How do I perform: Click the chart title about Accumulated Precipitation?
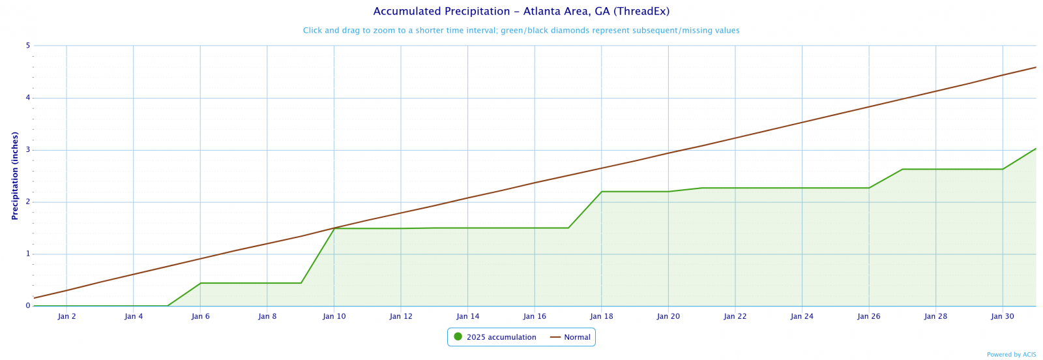click(x=521, y=12)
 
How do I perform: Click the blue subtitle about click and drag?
click(x=521, y=31)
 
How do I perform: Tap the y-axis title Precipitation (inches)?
click(x=15, y=175)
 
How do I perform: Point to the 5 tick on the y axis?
click(x=28, y=46)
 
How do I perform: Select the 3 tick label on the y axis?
click(x=28, y=150)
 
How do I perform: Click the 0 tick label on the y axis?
click(x=28, y=306)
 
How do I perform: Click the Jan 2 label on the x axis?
click(x=66, y=316)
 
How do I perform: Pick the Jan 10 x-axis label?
click(x=334, y=316)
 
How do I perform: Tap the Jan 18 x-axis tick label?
click(x=601, y=316)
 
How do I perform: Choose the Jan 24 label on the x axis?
click(x=802, y=316)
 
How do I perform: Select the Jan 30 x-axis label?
click(x=1002, y=316)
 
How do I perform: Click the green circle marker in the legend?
click(x=458, y=337)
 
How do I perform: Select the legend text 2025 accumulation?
click(x=501, y=337)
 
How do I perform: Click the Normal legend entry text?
click(x=577, y=337)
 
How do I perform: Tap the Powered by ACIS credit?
click(x=1011, y=355)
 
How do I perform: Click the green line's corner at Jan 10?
click(x=334, y=228)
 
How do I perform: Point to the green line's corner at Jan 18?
click(x=601, y=192)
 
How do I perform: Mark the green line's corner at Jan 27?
click(x=902, y=170)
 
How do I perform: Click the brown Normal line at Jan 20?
click(x=668, y=153)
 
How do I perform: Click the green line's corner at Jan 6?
click(x=200, y=283)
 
